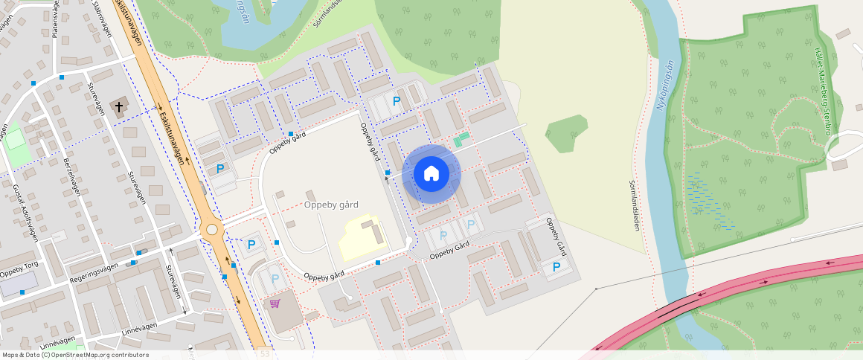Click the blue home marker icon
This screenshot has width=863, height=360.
[431, 174]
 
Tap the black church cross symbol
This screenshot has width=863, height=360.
[118, 107]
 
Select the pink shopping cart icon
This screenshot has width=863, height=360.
[275, 303]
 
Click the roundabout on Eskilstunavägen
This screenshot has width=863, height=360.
[214, 230]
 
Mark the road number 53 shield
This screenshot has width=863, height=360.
[265, 355]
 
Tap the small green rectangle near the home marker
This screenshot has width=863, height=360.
[461, 139]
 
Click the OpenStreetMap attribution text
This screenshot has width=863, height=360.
[76, 355]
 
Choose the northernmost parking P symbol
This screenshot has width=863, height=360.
[397, 100]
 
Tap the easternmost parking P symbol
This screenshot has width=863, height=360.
[556, 266]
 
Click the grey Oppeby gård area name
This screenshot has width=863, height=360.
[331, 205]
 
